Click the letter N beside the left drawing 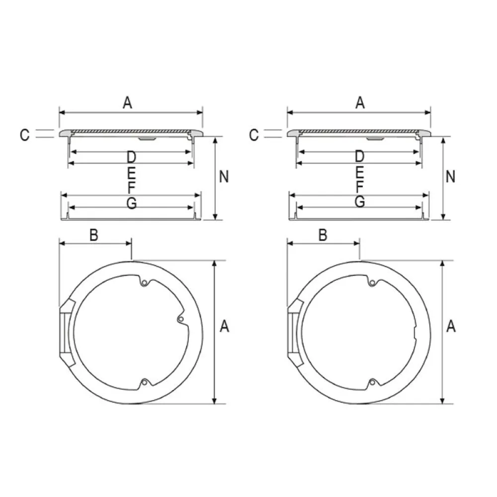coord(224,176)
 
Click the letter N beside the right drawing coord(451,176)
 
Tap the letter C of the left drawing coord(25,135)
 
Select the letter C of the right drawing coord(253,135)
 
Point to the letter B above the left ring coord(93,235)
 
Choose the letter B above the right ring coord(323,235)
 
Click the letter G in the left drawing coord(131,202)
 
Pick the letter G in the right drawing coord(360,201)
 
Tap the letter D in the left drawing coord(131,158)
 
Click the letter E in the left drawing coord(131,173)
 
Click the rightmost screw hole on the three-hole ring coord(182,319)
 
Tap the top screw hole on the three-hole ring coord(144,283)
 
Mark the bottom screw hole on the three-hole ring coord(144,382)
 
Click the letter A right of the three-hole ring coord(224,327)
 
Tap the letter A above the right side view coord(360,103)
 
